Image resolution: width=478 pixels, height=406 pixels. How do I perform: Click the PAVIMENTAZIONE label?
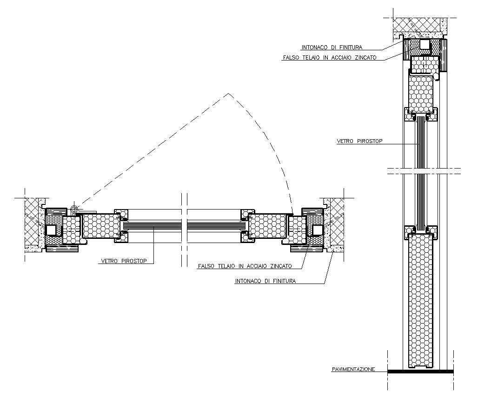(353, 369)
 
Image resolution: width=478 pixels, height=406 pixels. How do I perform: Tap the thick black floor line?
(421, 372)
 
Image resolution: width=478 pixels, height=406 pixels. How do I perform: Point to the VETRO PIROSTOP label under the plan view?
(124, 262)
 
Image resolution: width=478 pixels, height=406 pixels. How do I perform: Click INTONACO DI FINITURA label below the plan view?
(266, 281)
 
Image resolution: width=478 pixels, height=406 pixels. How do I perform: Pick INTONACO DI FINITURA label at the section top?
(332, 47)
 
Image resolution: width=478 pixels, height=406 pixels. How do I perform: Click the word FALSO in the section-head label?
(292, 58)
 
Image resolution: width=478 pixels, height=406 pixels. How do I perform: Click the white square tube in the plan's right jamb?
(317, 230)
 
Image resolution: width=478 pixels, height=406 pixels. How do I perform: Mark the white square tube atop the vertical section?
(425, 45)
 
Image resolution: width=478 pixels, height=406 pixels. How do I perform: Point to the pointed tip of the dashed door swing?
(227, 94)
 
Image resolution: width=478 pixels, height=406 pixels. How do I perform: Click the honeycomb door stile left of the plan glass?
(99, 227)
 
